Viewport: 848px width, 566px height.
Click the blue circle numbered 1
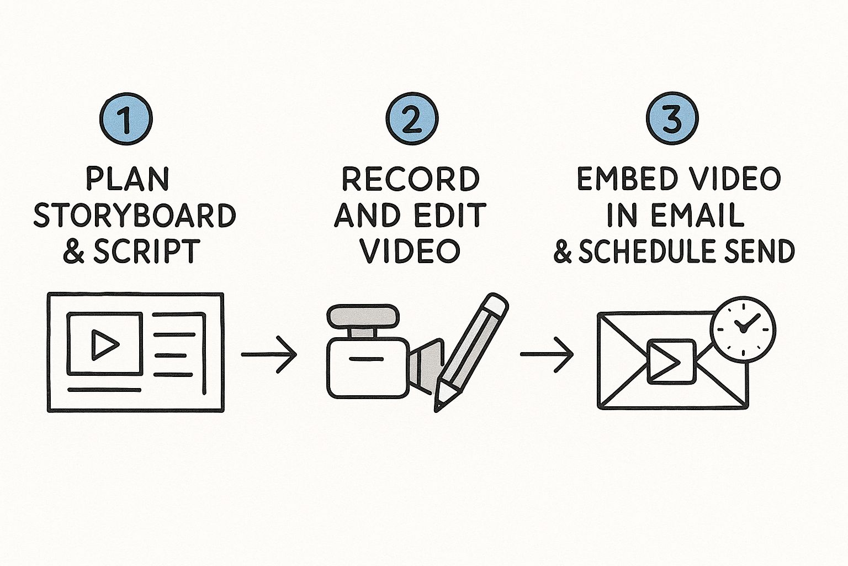126,119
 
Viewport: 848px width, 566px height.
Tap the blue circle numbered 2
411,119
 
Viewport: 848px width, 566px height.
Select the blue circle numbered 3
671,119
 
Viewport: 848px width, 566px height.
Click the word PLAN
128,180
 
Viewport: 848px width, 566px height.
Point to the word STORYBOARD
135,216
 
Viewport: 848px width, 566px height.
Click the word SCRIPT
146,251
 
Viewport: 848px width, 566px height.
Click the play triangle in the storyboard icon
104,344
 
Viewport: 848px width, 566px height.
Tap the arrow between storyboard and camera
269,354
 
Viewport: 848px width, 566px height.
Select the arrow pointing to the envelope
547,354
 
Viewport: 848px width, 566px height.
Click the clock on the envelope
743,329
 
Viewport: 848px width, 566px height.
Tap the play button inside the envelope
670,361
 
